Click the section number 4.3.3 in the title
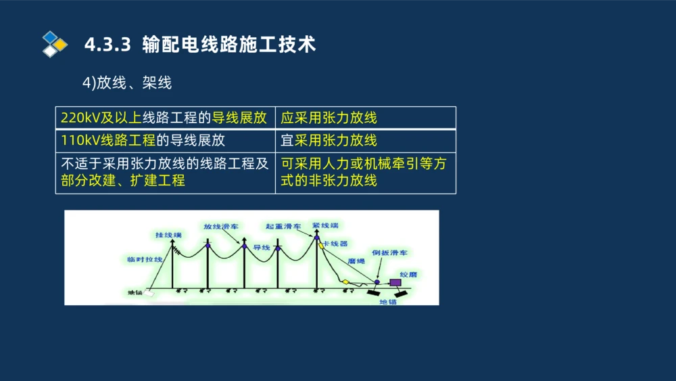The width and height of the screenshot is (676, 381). click(x=106, y=45)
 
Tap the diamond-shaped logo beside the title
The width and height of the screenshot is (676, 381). click(x=54, y=44)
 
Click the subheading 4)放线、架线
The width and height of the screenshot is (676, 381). click(x=127, y=83)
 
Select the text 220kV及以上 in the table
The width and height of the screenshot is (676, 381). click(x=101, y=118)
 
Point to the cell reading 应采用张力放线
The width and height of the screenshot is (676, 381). click(x=329, y=118)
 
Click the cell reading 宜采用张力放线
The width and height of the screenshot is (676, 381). click(x=329, y=141)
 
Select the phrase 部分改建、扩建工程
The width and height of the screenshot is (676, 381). click(x=122, y=181)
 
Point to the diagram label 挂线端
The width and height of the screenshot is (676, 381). click(x=168, y=235)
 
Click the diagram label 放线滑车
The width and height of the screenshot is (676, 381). click(x=221, y=227)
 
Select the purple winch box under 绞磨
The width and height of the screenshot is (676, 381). click(x=393, y=282)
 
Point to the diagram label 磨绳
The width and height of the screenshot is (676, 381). click(x=356, y=261)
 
